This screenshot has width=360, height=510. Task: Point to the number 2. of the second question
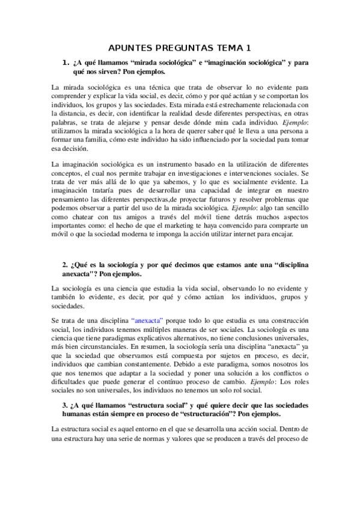point(66,265)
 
